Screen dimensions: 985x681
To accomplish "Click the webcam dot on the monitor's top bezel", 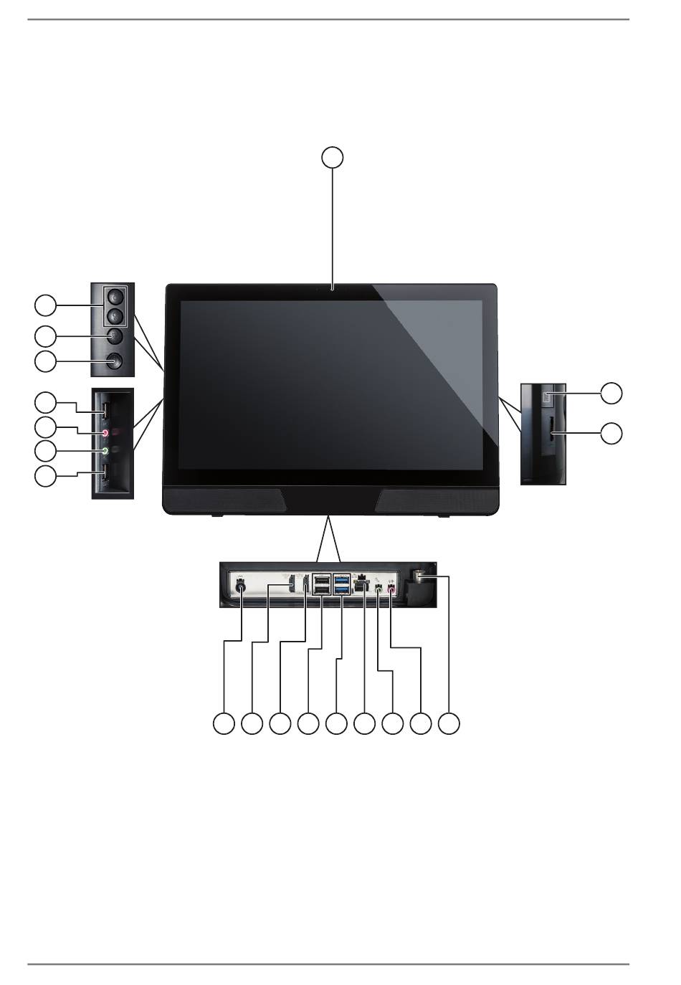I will (x=333, y=289).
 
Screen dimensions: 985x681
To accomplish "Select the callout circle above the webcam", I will (x=332, y=157).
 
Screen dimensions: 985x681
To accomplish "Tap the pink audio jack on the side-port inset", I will (x=105, y=433).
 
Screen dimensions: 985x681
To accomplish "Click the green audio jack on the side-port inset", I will (x=105, y=451).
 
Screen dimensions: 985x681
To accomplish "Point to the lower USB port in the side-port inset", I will (x=105, y=472).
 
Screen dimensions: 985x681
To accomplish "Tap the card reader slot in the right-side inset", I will (x=551, y=432).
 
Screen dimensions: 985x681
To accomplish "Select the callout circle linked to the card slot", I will (x=611, y=433).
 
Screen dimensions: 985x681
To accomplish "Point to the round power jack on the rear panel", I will (x=241, y=588).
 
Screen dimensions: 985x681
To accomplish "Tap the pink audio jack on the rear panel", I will (x=391, y=590).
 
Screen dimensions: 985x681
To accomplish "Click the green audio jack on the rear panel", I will (x=378, y=590).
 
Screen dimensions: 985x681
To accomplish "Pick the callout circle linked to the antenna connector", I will (x=449, y=723).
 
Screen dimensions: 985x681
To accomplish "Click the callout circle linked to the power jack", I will (x=224, y=723).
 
